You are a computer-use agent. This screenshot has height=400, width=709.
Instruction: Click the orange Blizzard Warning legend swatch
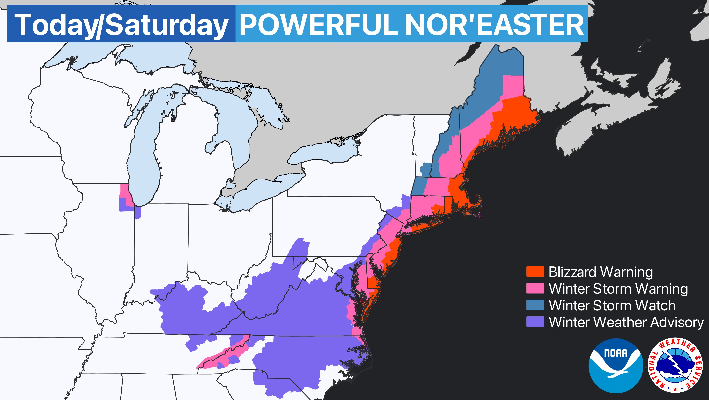click(535, 272)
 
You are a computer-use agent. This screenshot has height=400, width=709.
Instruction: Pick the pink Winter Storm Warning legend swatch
click(535, 288)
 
